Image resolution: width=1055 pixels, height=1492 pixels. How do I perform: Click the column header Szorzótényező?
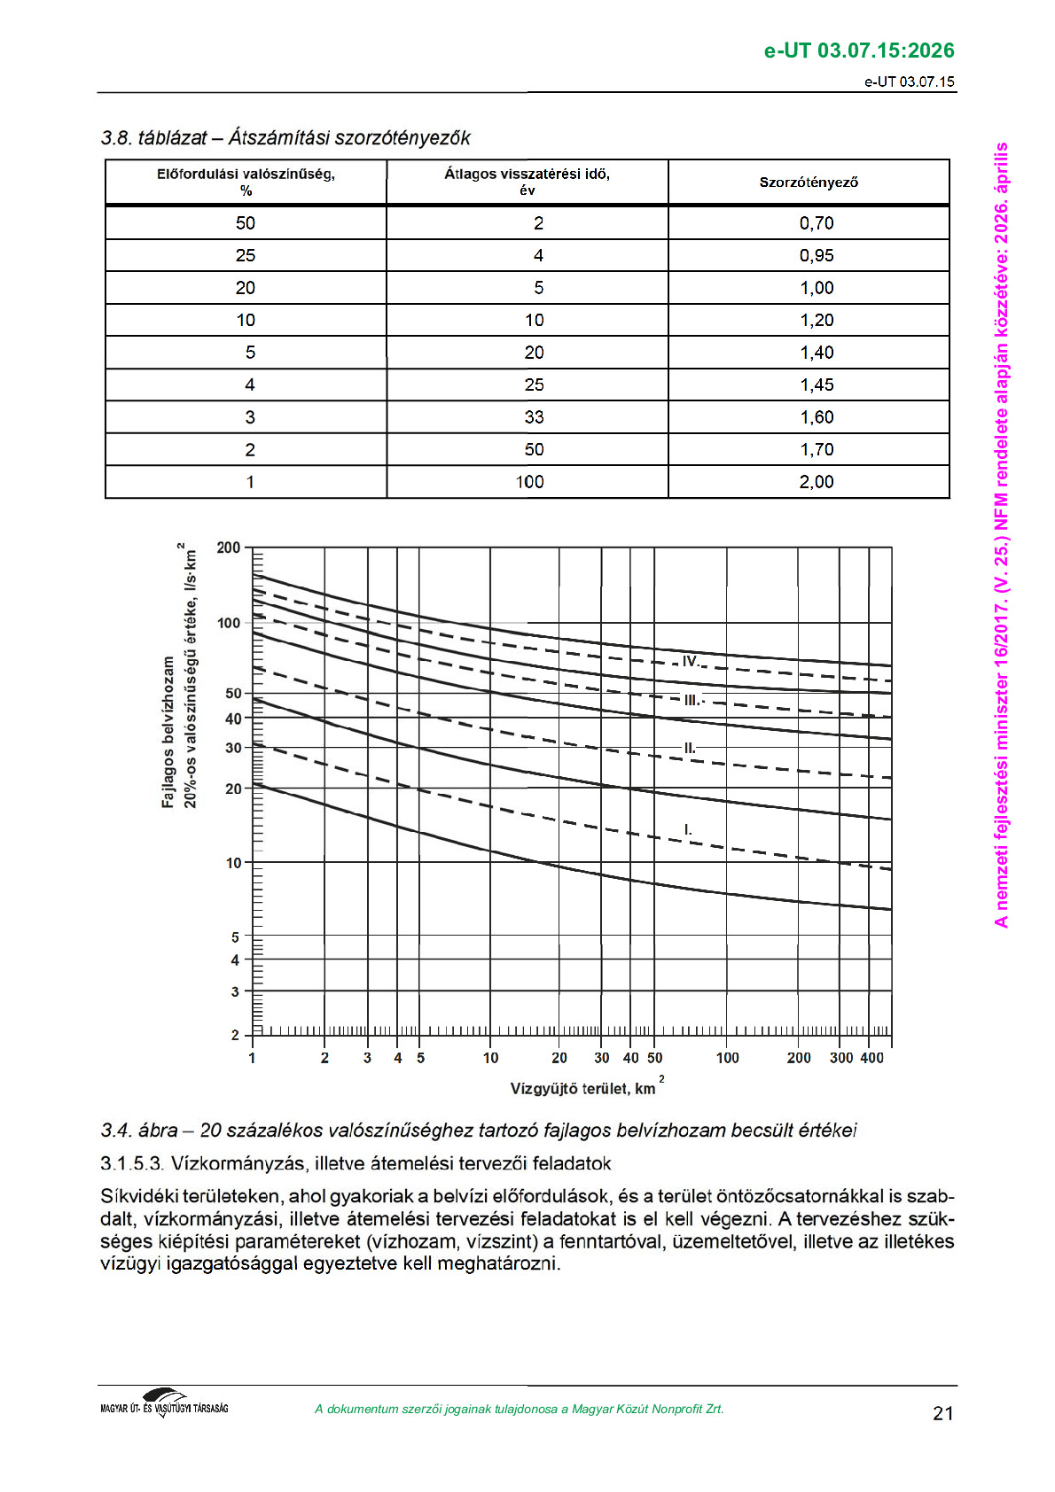click(809, 183)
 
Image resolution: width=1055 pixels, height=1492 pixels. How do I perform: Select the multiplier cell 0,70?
click(817, 223)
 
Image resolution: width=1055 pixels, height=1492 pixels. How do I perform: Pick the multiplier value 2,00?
click(817, 482)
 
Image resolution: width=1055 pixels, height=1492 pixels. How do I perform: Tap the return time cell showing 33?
click(534, 417)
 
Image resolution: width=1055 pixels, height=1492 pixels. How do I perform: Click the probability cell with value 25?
click(246, 256)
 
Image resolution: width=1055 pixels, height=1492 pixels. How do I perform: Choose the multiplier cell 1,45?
click(817, 385)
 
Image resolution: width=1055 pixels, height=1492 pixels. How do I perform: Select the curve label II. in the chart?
click(690, 748)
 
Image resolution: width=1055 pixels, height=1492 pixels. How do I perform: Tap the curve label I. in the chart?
click(688, 830)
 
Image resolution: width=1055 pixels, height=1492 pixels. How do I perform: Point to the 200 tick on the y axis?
click(229, 548)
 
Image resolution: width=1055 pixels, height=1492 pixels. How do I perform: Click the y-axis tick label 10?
click(233, 863)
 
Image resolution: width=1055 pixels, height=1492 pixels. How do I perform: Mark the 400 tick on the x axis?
click(872, 1058)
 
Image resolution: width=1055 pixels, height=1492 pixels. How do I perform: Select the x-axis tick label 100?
click(727, 1058)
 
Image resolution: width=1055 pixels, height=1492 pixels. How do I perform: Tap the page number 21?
click(943, 1413)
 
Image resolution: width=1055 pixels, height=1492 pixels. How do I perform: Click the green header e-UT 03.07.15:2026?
click(859, 51)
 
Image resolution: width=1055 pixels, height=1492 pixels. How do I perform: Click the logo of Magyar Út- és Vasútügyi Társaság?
click(165, 1403)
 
